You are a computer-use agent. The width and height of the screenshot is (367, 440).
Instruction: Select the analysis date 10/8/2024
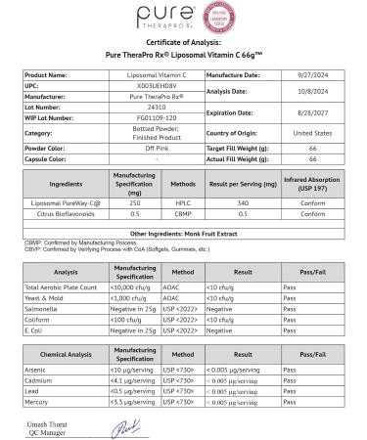298,94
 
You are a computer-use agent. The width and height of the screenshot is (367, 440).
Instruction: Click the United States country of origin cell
298,132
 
